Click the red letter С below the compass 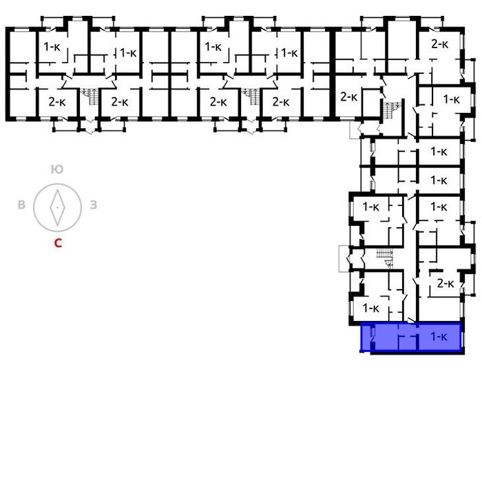click(x=58, y=243)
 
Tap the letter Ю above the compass click(x=57, y=169)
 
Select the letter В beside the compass click(x=21, y=205)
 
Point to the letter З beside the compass click(x=94, y=205)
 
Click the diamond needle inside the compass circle click(x=57, y=207)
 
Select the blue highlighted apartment click(x=411, y=337)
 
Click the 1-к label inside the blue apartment click(x=439, y=337)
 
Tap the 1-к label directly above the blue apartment click(x=371, y=308)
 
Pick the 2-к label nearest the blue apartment click(x=446, y=283)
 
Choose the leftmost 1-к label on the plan click(x=52, y=47)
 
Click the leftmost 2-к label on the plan click(x=57, y=102)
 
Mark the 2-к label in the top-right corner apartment click(x=440, y=44)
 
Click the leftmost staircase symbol click(x=90, y=96)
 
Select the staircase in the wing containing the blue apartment click(x=385, y=258)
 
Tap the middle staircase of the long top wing click(x=251, y=96)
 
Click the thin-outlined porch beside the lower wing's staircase click(x=344, y=258)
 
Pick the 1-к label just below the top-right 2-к click(x=451, y=99)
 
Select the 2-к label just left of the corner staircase click(x=349, y=97)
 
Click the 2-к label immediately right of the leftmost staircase click(x=120, y=102)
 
